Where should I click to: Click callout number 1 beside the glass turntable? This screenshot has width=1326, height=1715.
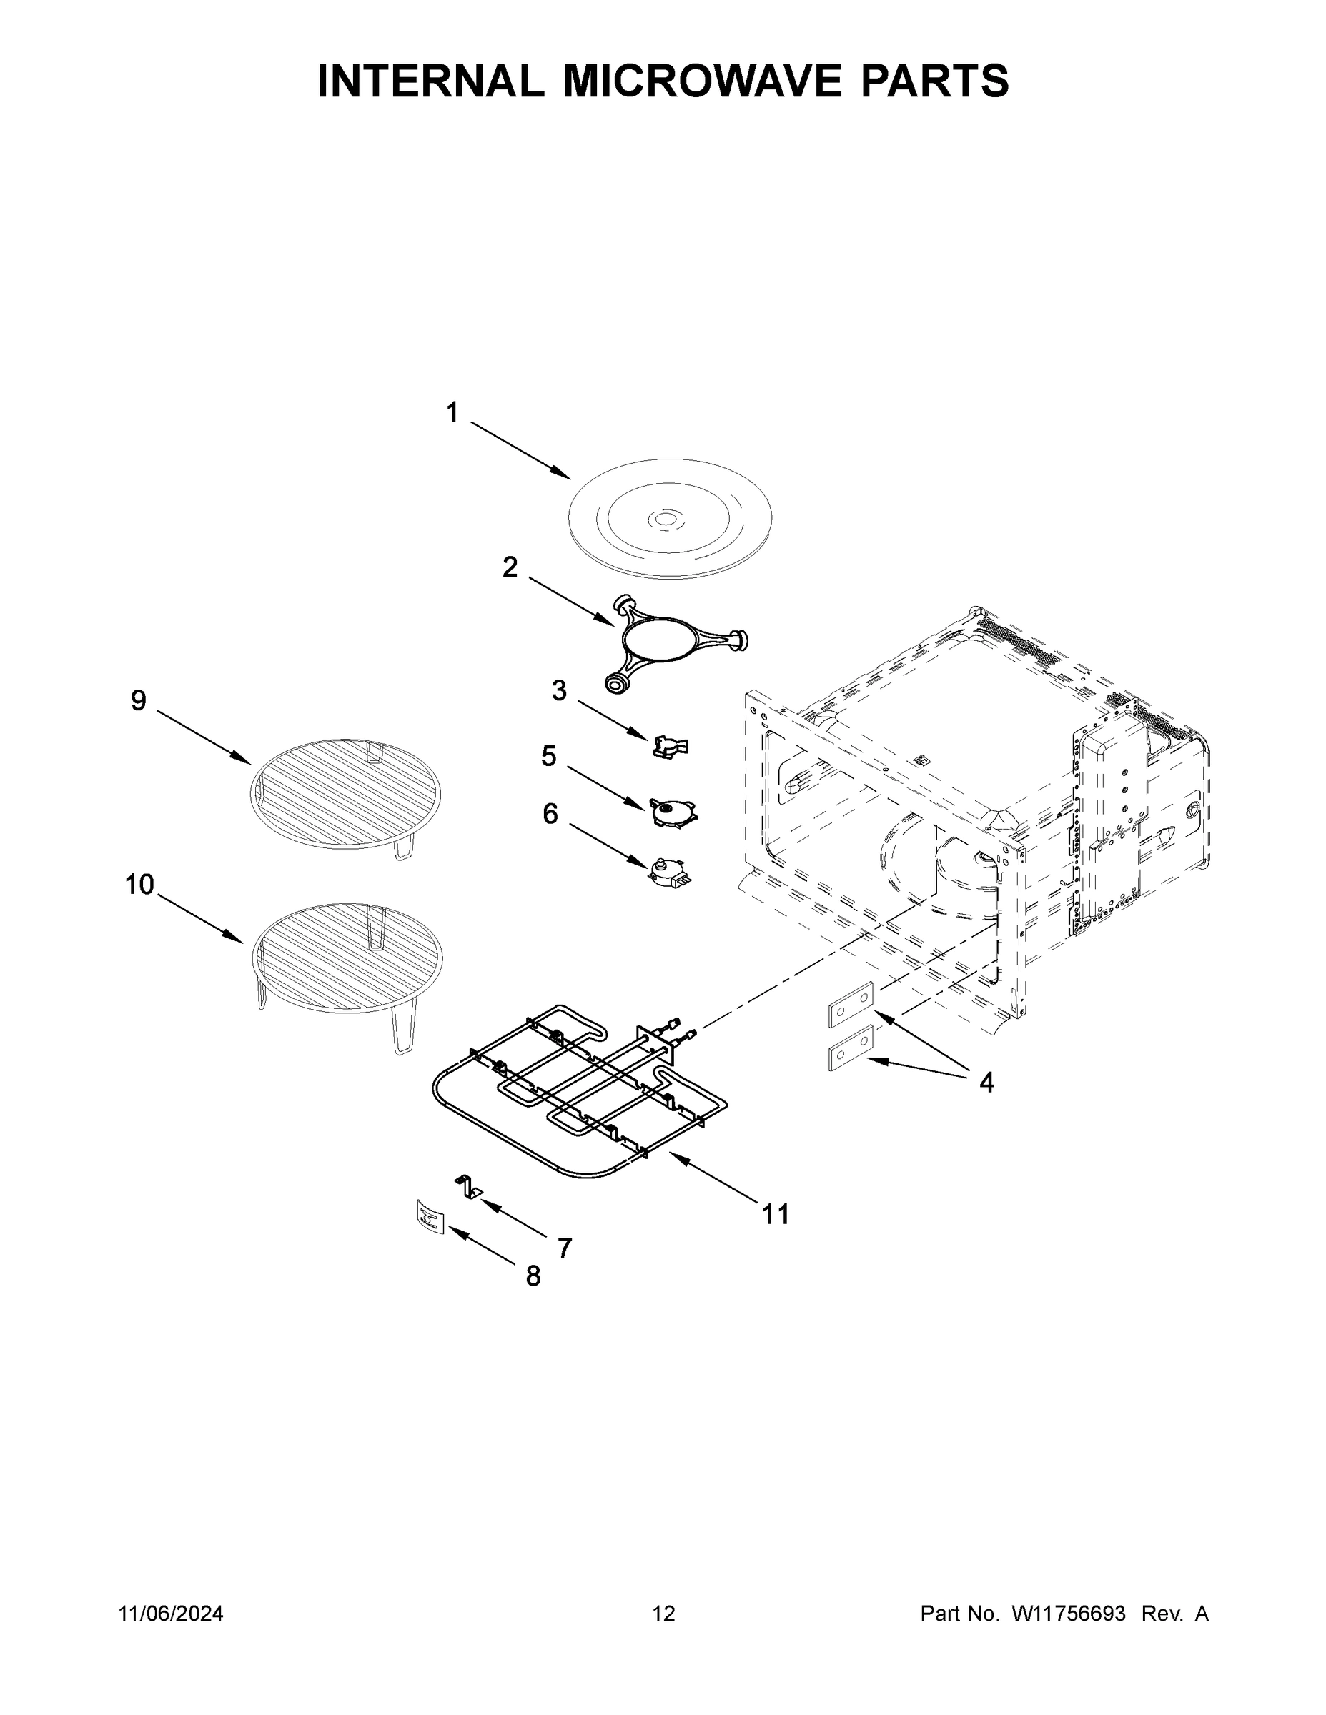452,413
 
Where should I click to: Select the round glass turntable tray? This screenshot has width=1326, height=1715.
669,519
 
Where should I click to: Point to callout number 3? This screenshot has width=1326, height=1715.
558,691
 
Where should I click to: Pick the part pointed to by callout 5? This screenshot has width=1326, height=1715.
673,810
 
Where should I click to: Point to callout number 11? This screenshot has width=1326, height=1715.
776,1215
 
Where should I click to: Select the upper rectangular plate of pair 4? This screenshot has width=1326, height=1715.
850,1003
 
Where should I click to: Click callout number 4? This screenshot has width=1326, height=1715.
986,1083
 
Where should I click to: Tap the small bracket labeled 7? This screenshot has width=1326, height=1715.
469,1188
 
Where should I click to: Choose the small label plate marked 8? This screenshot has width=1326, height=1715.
430,1218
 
